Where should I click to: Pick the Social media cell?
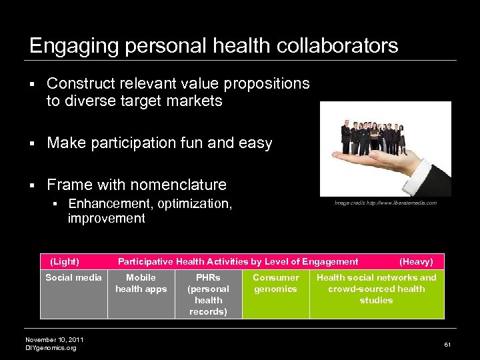(x=73, y=278)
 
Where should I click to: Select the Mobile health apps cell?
(x=141, y=283)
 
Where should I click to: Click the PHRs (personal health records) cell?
(x=208, y=294)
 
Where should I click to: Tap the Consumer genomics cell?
(x=275, y=283)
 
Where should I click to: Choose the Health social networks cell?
(x=376, y=289)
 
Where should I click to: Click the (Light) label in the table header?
(x=64, y=262)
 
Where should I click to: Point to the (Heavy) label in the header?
(x=415, y=262)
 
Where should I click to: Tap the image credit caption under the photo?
(x=386, y=203)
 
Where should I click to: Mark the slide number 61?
(x=447, y=344)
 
